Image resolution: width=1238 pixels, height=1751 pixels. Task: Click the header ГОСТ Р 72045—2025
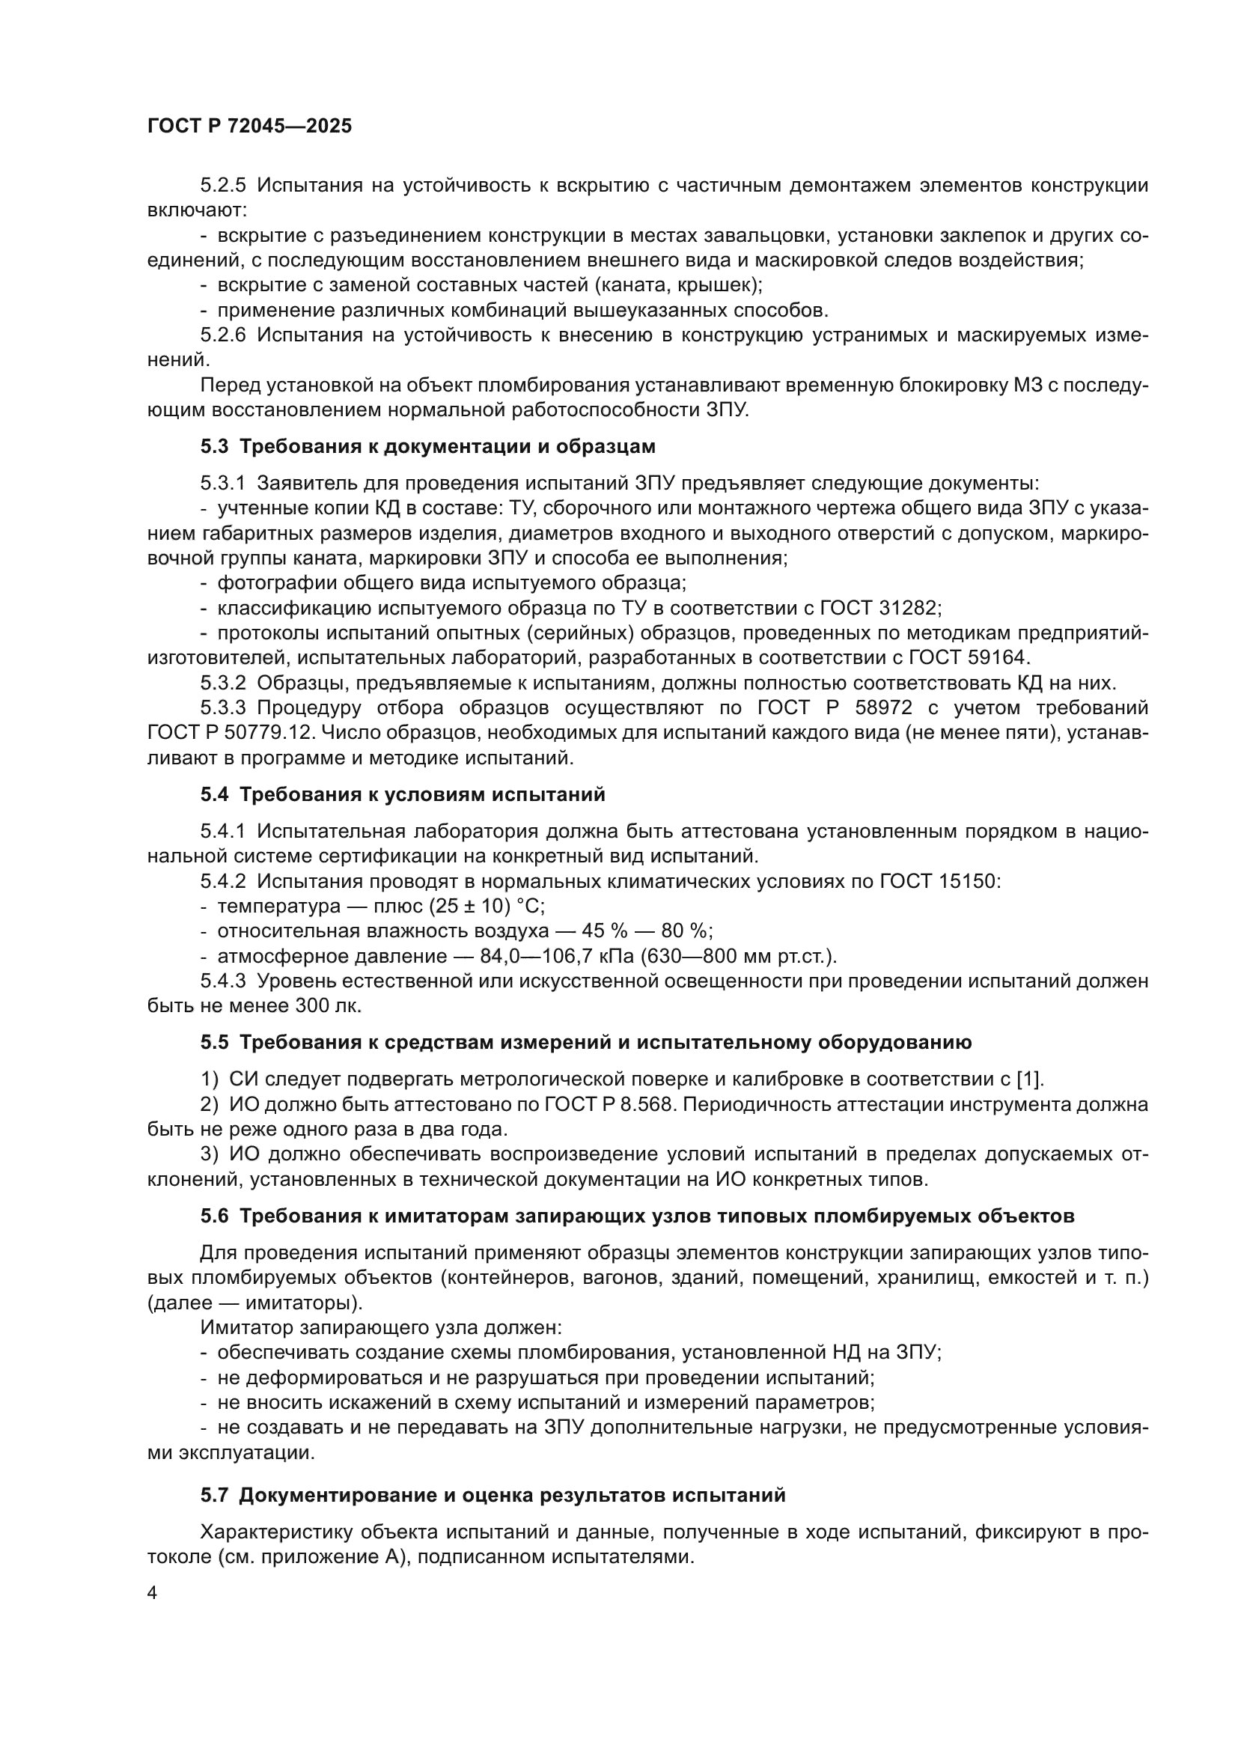(249, 127)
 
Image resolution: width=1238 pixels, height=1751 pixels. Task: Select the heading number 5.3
(214, 446)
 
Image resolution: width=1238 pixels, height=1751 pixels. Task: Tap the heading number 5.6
(214, 1216)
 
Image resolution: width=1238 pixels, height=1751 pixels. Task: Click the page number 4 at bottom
(152, 1593)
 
